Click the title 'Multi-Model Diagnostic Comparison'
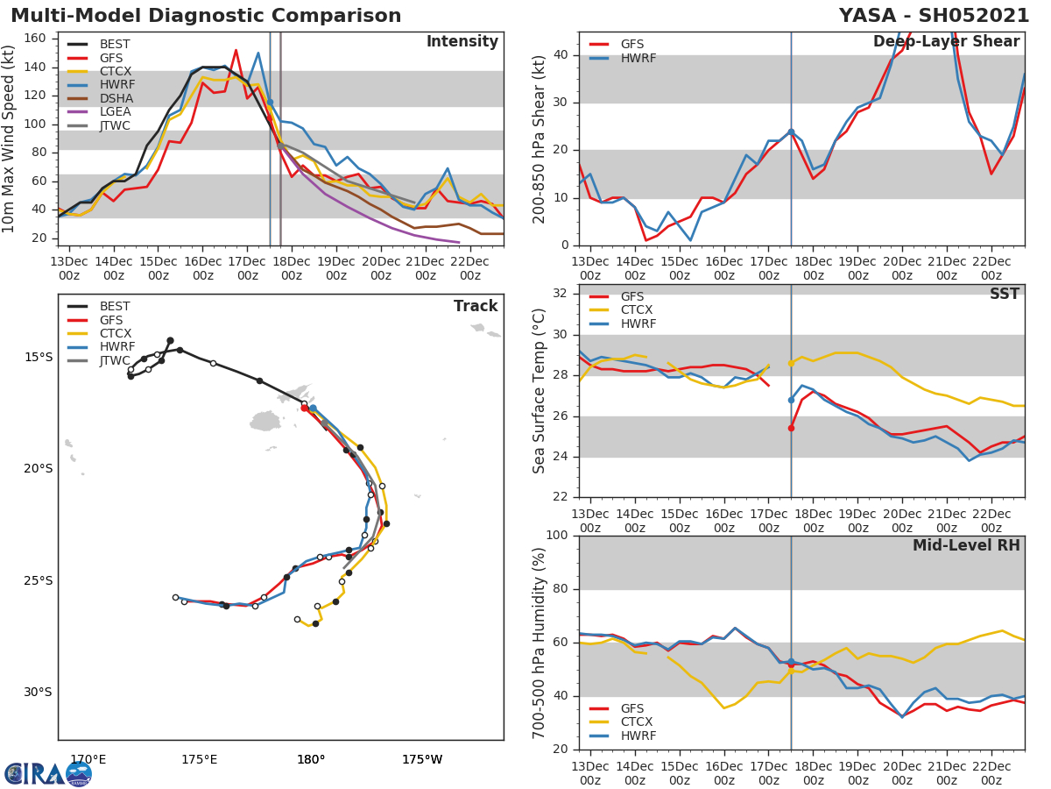[206, 16]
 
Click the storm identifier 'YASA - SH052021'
[934, 16]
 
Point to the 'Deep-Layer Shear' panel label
[946, 42]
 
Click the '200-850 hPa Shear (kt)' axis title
[540, 139]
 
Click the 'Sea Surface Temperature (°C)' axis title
[540, 391]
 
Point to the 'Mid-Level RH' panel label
[966, 546]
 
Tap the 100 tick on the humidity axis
[556, 536]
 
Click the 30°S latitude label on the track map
[38, 693]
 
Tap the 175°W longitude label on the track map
[422, 759]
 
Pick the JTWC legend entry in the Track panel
[115, 361]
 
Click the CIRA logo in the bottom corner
[47, 774]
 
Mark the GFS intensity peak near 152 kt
[236, 50]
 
